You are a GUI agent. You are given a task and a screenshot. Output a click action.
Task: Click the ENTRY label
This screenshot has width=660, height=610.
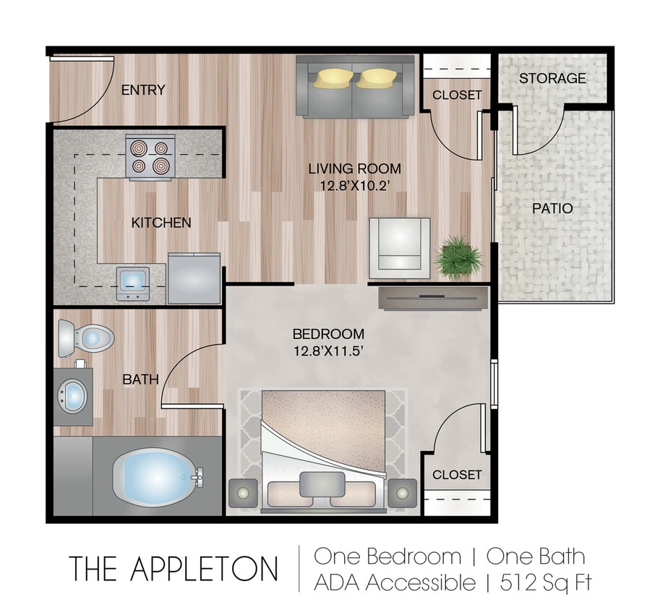point(142,90)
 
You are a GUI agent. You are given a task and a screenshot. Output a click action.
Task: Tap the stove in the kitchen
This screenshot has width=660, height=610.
point(150,157)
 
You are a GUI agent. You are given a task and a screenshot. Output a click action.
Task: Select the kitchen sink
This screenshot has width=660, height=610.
point(133,280)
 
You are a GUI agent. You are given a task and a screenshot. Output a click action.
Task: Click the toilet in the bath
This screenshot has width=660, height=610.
point(85,338)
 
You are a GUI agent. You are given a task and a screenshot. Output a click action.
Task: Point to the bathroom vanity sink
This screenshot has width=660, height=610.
point(72,395)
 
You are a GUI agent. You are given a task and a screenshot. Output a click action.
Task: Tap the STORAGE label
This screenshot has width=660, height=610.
point(552,78)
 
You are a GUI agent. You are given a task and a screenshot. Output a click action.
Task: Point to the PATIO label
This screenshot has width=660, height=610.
point(552,208)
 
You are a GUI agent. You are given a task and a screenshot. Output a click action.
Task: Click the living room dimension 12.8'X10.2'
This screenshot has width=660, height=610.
point(354,185)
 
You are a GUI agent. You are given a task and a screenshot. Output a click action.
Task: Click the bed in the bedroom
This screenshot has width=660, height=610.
point(322,444)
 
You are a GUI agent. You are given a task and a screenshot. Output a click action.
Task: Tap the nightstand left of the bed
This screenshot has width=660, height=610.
point(242,494)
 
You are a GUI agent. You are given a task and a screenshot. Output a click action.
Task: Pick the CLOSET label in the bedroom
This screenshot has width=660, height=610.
point(457,475)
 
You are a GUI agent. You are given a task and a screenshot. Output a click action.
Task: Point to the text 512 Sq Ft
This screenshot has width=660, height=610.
point(546,583)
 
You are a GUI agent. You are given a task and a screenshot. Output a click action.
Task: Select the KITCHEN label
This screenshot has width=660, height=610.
point(160,223)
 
